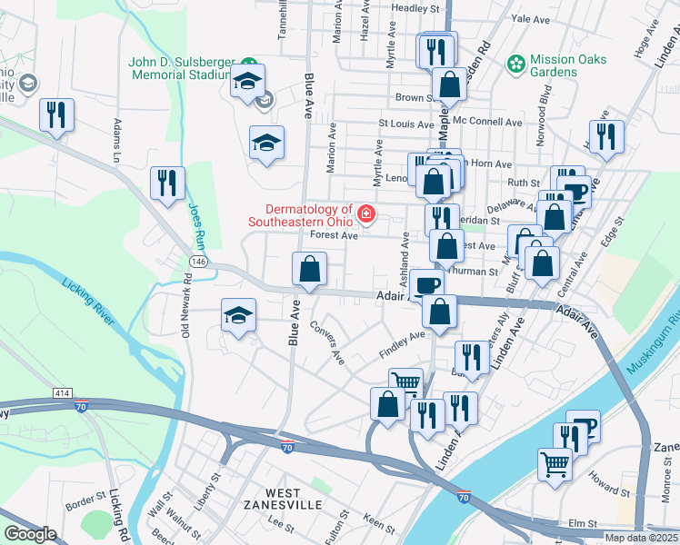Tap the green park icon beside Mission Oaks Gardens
point(516,64)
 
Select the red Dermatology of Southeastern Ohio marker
point(365,213)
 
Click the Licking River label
point(89,303)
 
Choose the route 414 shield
point(61,392)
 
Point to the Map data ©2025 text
point(641,537)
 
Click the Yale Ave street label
point(531,18)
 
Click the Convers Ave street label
point(328,342)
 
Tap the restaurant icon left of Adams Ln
point(56,114)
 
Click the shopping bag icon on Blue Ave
point(309,269)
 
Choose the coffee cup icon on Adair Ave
point(426,285)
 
